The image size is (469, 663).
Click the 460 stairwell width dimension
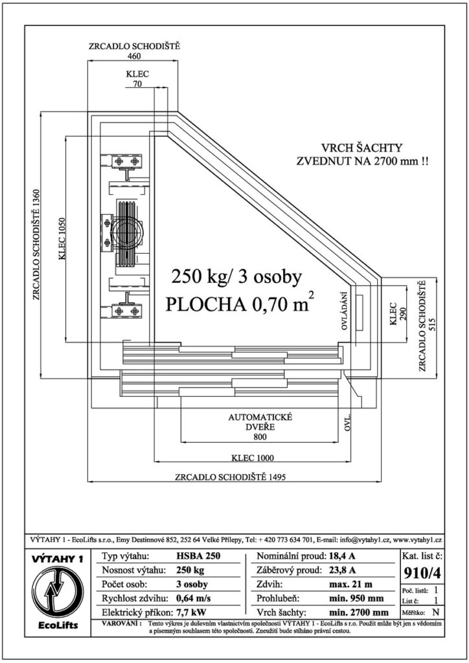(133, 56)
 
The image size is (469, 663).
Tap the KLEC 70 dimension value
(137, 84)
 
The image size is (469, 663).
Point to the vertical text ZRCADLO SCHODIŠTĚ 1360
(36, 244)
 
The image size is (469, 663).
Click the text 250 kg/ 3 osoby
(236, 277)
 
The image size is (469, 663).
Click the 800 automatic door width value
(260, 436)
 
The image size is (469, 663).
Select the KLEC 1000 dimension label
(253, 458)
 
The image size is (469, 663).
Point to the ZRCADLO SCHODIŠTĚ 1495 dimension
(231, 477)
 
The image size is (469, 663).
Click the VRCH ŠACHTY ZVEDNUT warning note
(361, 154)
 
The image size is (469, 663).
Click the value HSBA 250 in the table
(198, 556)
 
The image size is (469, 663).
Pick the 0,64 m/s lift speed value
(193, 598)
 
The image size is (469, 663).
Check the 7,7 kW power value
(190, 612)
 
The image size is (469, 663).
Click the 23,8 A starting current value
(341, 570)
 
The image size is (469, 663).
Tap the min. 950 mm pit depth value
(356, 598)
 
